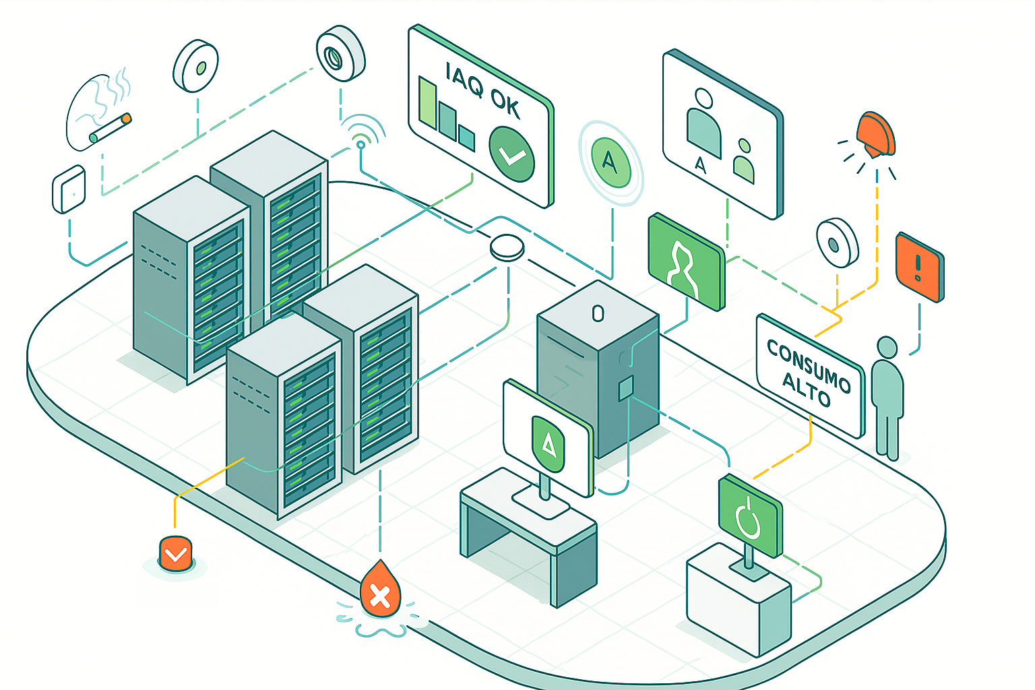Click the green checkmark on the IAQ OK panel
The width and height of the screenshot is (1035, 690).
(511, 154)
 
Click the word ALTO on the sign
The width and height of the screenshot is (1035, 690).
(806, 390)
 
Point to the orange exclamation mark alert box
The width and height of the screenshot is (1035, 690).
(919, 267)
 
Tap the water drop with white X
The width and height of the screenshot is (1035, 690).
(380, 591)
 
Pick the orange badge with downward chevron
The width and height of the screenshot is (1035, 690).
(176, 554)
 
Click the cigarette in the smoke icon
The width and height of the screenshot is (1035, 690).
(111, 128)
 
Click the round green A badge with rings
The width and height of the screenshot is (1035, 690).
(610, 162)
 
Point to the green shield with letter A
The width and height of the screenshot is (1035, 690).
(548, 442)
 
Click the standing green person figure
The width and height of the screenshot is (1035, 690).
(887, 398)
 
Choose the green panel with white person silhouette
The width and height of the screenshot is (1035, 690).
(685, 262)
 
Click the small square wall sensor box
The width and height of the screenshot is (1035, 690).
(69, 189)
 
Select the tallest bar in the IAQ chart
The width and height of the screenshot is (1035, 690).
(427, 102)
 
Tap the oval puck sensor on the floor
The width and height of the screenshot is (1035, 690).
(507, 247)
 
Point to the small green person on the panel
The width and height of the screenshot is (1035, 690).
(743, 161)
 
